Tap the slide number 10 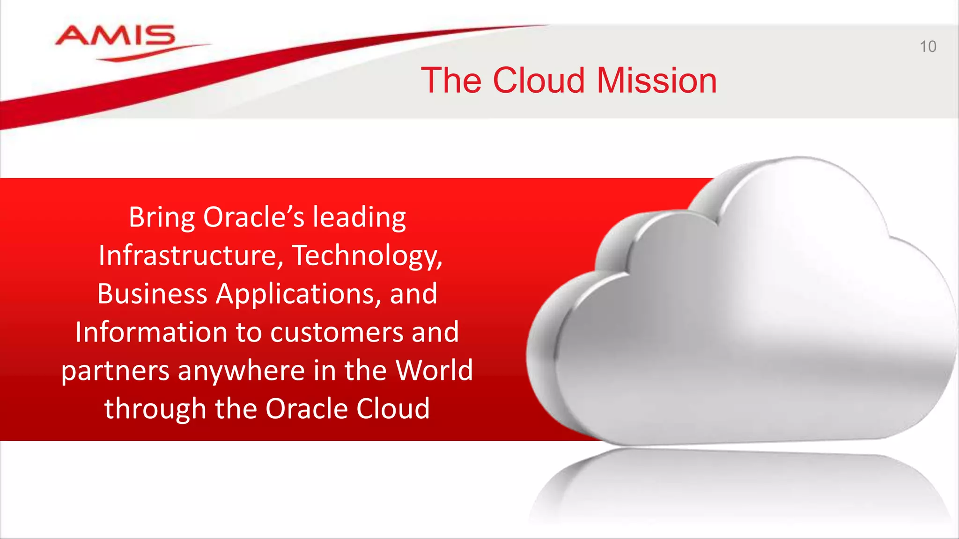(928, 47)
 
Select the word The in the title (451, 80)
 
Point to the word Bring (162, 218)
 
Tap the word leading (359, 218)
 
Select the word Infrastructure (191, 256)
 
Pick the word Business (152, 294)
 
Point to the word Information (151, 332)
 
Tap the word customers (337, 333)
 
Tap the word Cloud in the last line (392, 408)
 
